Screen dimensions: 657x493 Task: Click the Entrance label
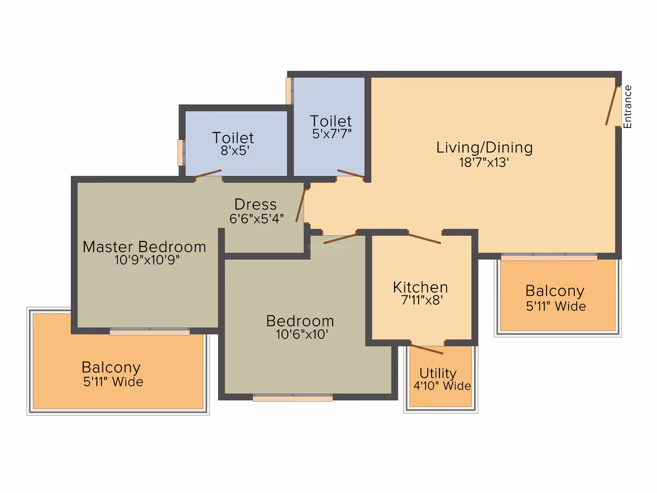(x=627, y=107)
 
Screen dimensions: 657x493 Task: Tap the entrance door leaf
(x=612, y=105)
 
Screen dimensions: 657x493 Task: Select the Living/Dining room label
(x=484, y=147)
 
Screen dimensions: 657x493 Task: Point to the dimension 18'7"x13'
(x=484, y=162)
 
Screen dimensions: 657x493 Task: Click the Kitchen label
(x=420, y=287)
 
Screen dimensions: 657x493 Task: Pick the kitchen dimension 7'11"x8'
(x=422, y=300)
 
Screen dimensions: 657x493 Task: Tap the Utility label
(x=438, y=373)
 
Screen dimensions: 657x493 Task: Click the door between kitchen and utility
(x=426, y=348)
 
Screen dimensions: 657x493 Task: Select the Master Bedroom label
(x=144, y=246)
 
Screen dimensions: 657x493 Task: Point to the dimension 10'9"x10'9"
(x=147, y=260)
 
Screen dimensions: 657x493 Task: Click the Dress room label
(x=255, y=204)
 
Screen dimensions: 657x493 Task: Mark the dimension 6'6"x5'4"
(x=257, y=218)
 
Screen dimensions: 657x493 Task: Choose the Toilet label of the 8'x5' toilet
(x=233, y=138)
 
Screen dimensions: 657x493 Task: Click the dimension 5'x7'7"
(x=332, y=134)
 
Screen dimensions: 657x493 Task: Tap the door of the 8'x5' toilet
(x=208, y=174)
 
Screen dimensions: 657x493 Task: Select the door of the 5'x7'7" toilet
(x=351, y=173)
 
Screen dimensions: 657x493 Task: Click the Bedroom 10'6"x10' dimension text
(x=302, y=334)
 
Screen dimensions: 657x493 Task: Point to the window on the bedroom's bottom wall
(x=292, y=397)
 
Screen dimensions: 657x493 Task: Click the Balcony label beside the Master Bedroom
(x=111, y=367)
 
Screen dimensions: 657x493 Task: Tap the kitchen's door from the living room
(x=424, y=239)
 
